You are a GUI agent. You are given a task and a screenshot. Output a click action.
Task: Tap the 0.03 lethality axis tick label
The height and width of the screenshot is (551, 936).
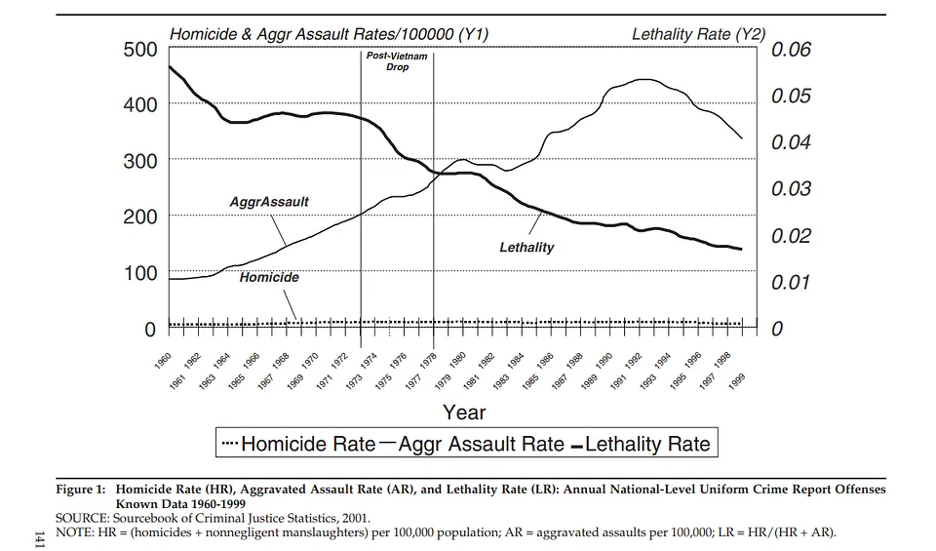point(791,189)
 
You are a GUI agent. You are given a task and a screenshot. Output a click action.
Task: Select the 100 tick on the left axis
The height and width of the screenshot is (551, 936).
point(139,273)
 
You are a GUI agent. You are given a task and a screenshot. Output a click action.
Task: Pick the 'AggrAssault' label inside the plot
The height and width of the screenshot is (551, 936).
point(269,202)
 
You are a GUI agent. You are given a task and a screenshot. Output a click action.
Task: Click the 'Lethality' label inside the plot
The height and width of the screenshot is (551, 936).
point(526,248)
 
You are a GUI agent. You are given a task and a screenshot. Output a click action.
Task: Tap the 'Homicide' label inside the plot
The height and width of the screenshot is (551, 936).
point(269,277)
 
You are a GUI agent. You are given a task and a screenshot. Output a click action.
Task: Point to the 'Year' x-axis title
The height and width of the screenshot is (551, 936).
point(464,412)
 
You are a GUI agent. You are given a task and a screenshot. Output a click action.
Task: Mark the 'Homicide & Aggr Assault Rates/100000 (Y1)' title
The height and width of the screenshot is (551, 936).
point(329,34)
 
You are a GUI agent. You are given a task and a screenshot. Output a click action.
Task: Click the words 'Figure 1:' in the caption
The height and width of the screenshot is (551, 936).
point(83,490)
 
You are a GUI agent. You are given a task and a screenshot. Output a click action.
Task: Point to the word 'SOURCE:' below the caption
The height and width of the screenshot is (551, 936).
point(82,518)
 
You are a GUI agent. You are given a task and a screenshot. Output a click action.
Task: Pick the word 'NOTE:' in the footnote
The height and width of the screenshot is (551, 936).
point(74,531)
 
